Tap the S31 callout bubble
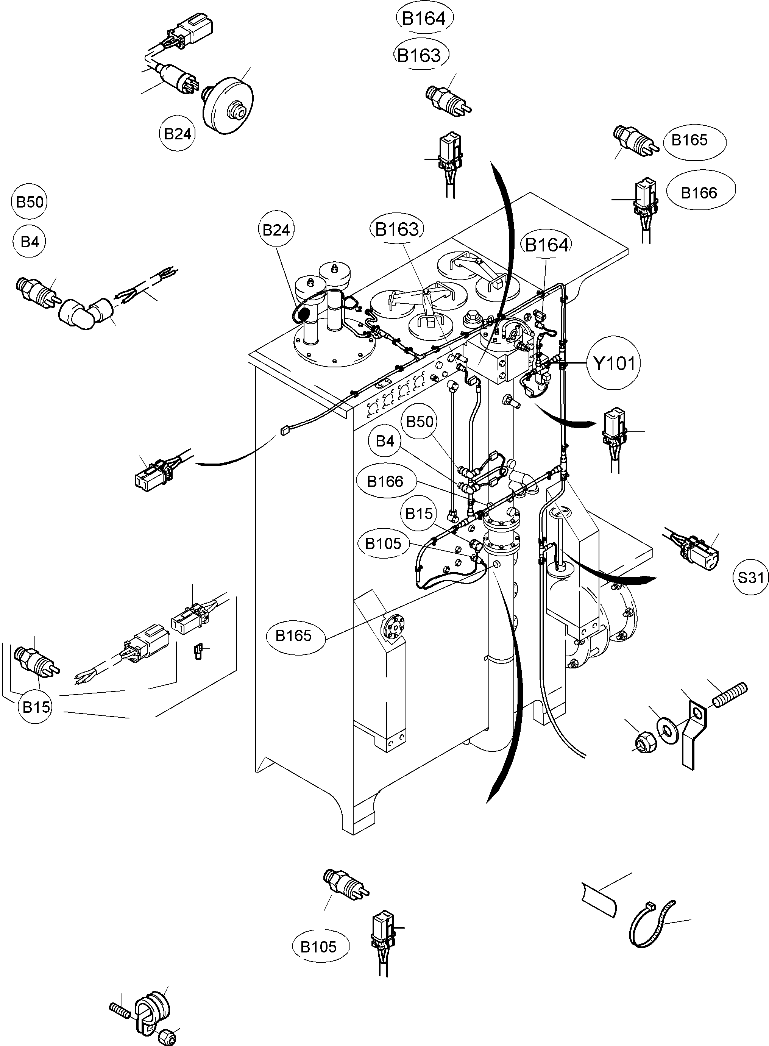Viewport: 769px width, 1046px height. tap(751, 578)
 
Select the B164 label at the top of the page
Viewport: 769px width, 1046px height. tap(424, 19)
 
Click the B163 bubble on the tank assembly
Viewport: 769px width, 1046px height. tap(397, 229)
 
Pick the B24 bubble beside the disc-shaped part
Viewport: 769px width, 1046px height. tap(177, 134)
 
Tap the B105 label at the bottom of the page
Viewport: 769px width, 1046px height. tap(318, 947)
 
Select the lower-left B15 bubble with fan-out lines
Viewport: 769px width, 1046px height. tap(36, 707)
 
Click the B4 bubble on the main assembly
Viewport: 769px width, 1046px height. tap(385, 441)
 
